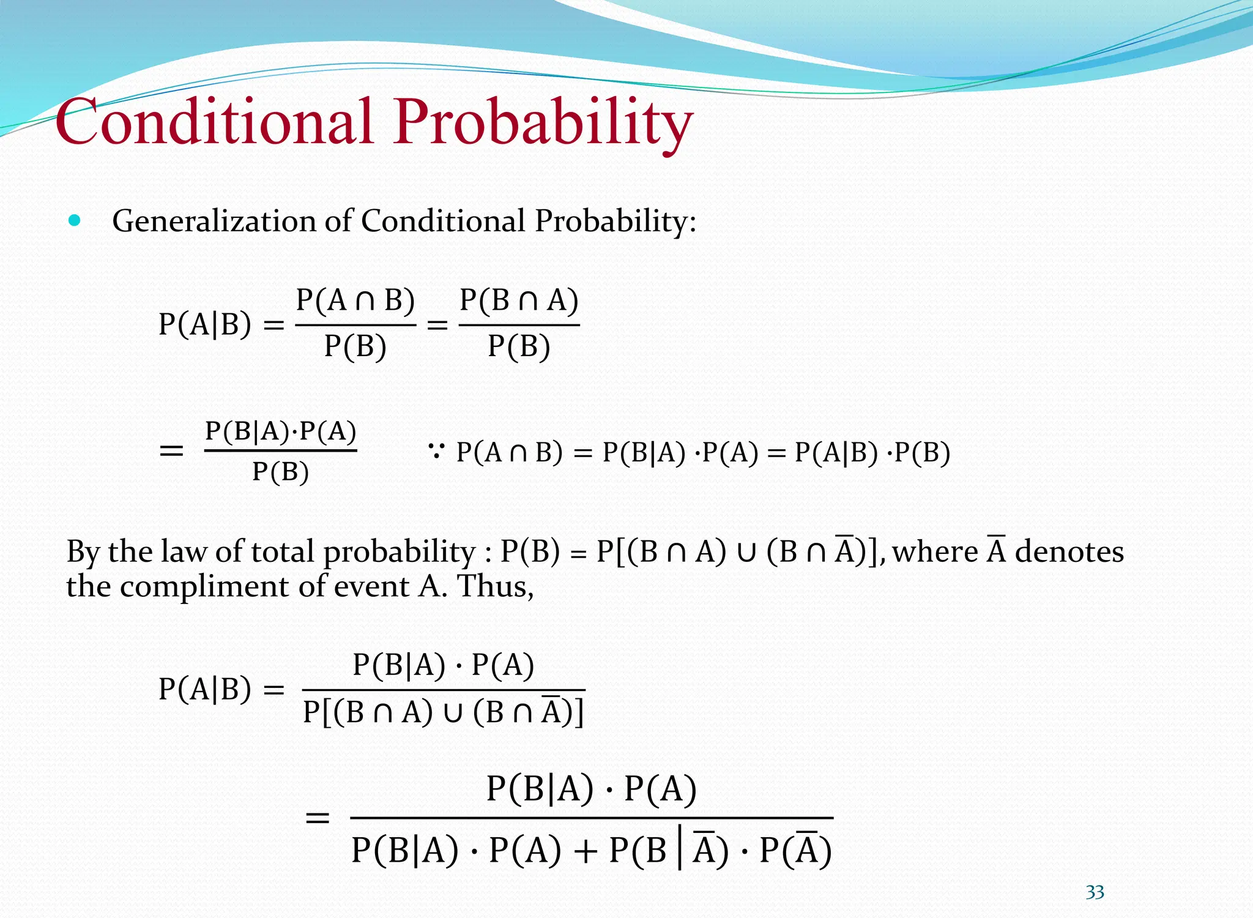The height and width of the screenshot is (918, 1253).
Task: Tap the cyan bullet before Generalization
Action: pos(75,221)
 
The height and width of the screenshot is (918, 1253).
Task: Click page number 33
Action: pos(1095,892)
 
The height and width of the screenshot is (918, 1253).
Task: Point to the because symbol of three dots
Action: pos(436,452)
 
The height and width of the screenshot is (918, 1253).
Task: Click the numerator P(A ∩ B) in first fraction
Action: pos(355,300)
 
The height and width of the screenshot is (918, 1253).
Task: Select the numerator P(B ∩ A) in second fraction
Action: pos(519,300)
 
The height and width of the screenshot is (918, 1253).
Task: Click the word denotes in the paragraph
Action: pos(1069,551)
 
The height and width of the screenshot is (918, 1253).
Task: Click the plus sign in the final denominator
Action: pos(585,851)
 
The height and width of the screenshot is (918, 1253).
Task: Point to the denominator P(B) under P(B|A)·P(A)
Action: pos(280,472)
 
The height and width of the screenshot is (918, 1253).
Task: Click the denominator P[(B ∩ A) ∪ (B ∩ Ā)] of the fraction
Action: pos(444,712)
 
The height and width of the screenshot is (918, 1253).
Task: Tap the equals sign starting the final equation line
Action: pos(318,818)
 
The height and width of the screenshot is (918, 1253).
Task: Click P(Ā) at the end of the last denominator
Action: pos(795,850)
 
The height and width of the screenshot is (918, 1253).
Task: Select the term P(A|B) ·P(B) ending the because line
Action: pos(872,453)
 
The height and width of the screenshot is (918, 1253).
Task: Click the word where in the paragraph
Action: pos(935,551)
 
